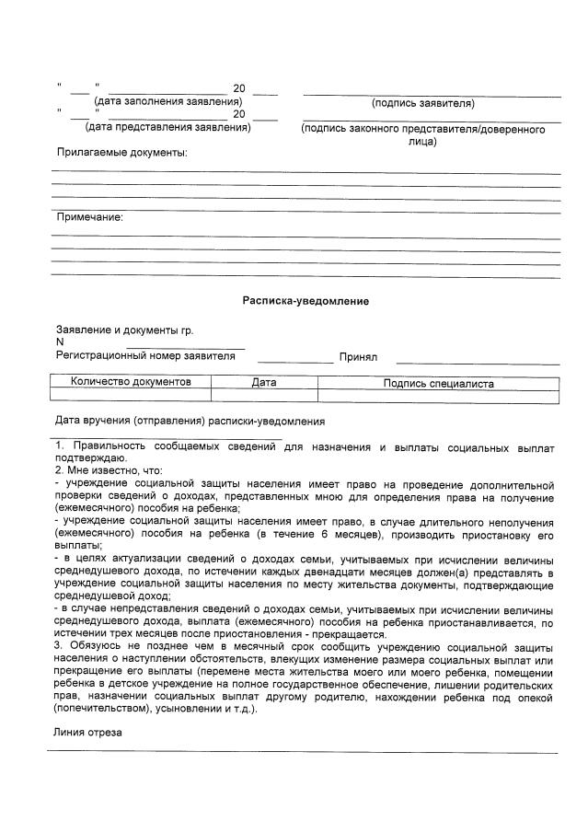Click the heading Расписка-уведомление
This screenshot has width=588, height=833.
306,300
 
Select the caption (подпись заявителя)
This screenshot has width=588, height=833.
422,103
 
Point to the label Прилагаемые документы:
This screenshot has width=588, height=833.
121,152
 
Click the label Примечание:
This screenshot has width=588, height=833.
90,217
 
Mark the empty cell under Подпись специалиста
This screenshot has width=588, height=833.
438,396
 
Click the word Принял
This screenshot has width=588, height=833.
358,357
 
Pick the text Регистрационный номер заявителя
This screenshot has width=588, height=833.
145,356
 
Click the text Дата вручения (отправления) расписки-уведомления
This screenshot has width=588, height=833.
190,421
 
